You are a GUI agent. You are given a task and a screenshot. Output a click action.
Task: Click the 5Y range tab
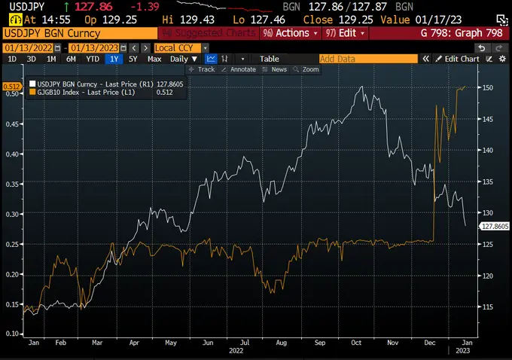(133, 59)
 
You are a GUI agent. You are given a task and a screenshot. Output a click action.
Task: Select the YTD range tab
(93, 59)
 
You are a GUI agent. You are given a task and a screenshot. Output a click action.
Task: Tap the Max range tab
(154, 59)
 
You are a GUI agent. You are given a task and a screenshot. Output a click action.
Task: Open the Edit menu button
(344, 33)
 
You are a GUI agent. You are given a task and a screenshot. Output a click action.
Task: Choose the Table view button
(269, 59)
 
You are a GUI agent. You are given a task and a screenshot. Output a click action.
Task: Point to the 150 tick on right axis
(488, 87)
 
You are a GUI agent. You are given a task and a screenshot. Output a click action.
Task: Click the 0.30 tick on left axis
(11, 214)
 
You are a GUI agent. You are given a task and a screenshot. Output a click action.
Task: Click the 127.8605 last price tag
(493, 225)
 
